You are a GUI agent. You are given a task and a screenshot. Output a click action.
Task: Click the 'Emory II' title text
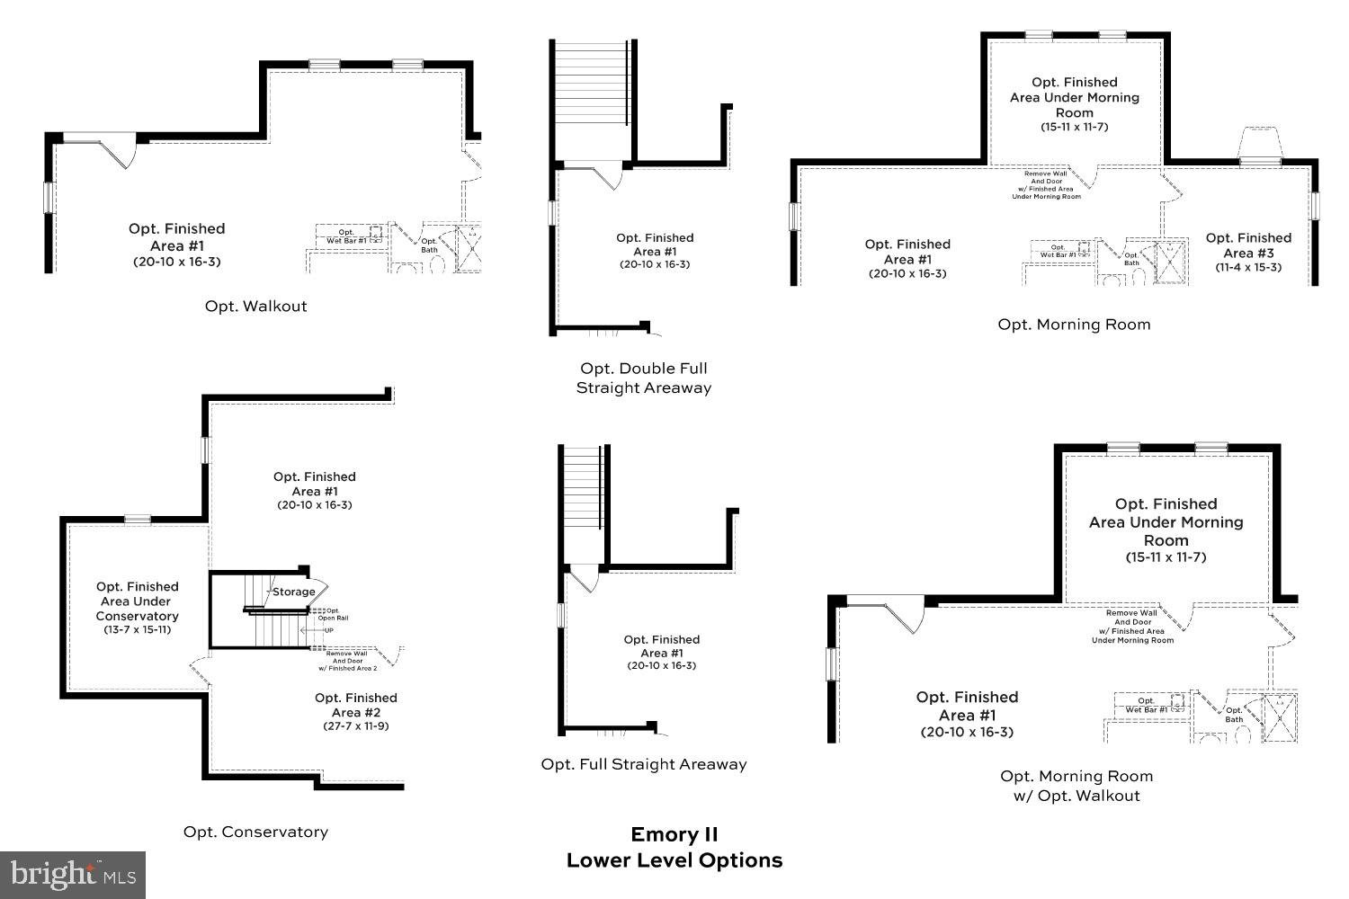click(674, 834)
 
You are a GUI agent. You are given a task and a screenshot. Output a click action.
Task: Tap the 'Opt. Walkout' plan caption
click(255, 307)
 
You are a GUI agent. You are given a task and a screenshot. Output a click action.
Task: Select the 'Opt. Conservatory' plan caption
click(255, 832)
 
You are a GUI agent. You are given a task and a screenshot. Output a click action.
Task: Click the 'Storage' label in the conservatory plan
click(294, 592)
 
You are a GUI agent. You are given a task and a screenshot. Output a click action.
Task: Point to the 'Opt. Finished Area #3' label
click(1248, 245)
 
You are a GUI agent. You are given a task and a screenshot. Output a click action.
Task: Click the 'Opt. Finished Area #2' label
click(355, 705)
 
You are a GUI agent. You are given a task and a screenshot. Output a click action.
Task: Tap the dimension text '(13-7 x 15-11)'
click(137, 630)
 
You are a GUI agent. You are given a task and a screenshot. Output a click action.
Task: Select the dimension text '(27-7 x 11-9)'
click(355, 726)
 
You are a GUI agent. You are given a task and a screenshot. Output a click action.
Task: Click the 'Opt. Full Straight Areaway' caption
click(643, 765)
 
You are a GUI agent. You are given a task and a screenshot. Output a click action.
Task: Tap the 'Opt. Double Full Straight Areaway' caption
click(643, 378)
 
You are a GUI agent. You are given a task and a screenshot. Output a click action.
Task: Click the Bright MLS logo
click(73, 874)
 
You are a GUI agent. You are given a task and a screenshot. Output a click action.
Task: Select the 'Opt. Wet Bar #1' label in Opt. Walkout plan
click(346, 236)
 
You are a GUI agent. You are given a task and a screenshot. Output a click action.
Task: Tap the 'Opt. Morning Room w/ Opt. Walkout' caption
click(1076, 786)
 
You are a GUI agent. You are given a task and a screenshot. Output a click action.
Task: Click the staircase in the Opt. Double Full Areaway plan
click(590, 83)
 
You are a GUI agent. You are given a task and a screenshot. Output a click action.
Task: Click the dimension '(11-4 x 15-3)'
click(1248, 268)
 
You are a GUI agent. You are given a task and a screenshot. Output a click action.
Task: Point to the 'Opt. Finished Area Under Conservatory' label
click(137, 601)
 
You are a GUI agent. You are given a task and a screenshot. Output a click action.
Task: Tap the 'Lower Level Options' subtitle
click(674, 861)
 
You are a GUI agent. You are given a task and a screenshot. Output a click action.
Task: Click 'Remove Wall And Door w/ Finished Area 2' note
click(347, 661)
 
